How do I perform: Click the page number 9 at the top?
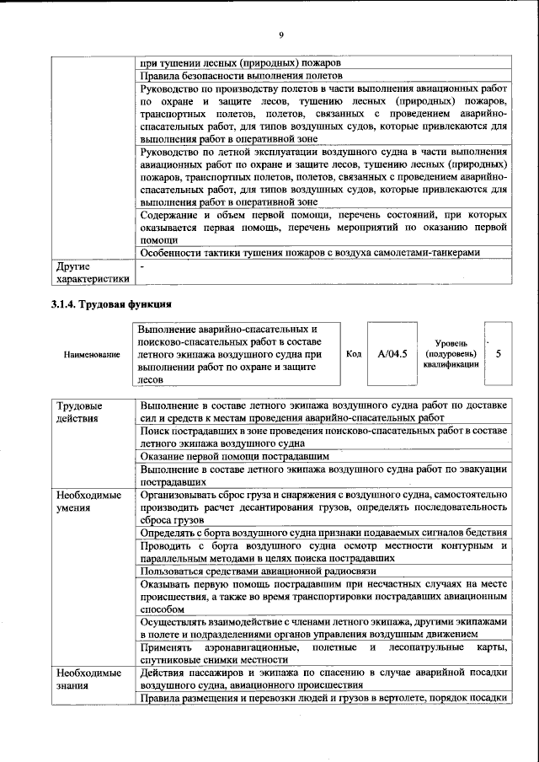pyautogui.click(x=281, y=35)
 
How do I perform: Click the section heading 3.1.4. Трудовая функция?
pyautogui.click(x=111, y=303)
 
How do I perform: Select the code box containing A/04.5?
pyautogui.click(x=392, y=354)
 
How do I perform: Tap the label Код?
pyautogui.click(x=355, y=354)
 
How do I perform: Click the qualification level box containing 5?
pyautogui.click(x=499, y=354)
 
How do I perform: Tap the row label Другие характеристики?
pyautogui.click(x=92, y=272)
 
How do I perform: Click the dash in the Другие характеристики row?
pyautogui.click(x=143, y=266)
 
